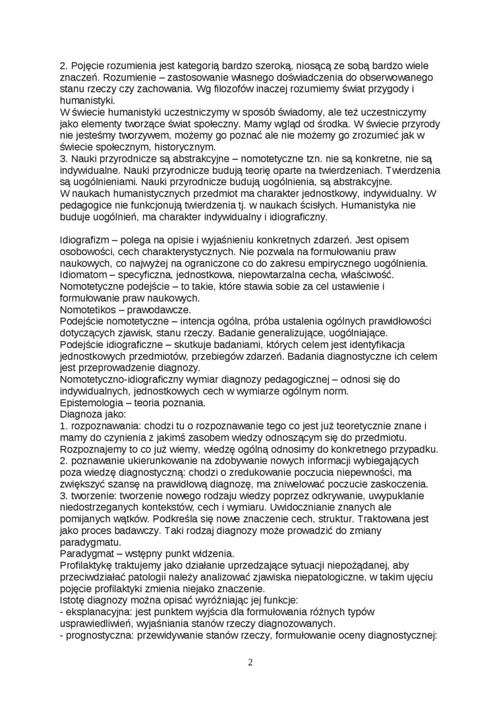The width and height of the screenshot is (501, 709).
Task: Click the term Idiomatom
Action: point(84,274)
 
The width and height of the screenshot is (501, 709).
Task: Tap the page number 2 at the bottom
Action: point(250,663)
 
